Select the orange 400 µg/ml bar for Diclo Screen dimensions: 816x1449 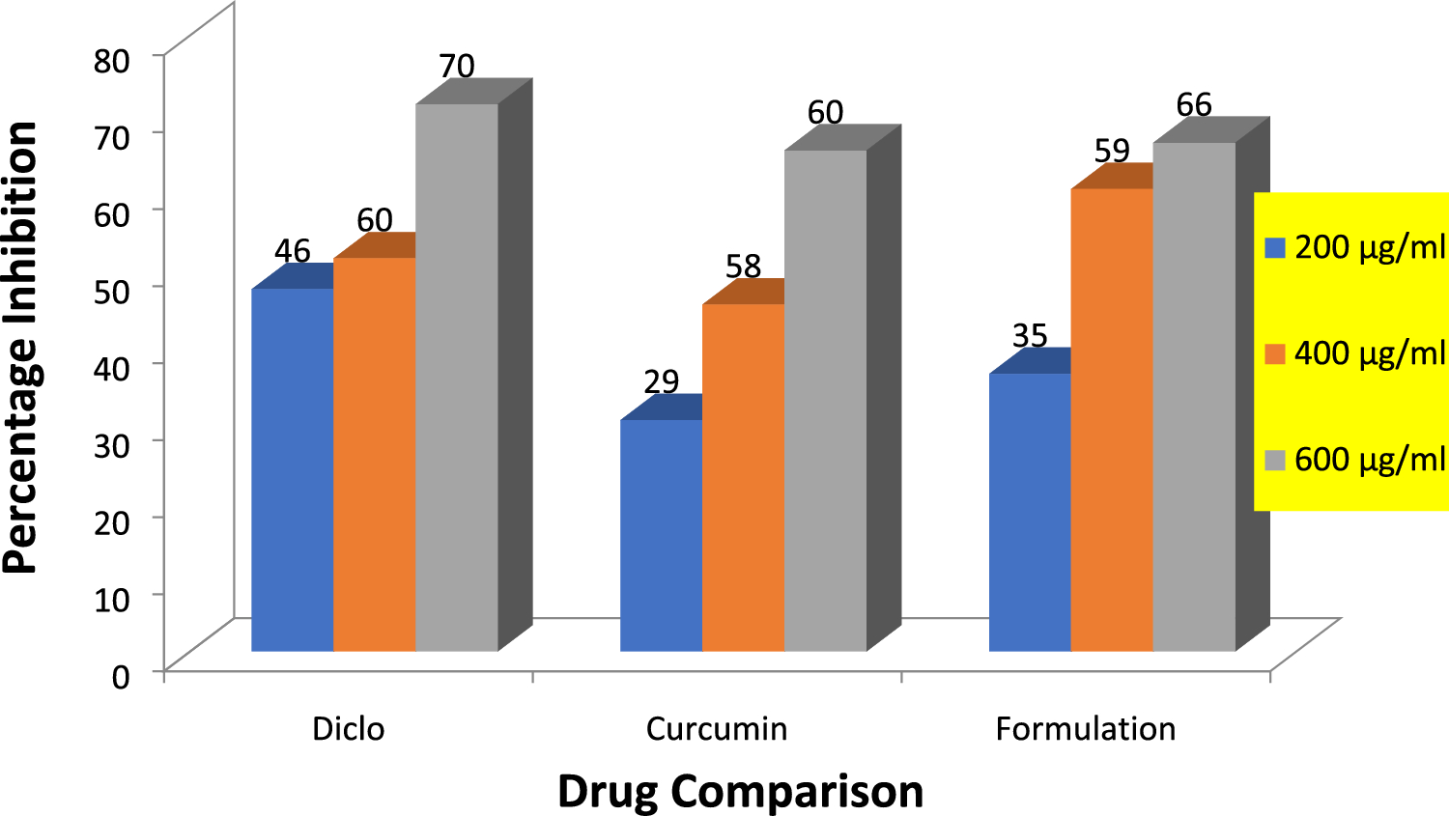(x=374, y=454)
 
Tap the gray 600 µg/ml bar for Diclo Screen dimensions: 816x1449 (x=456, y=377)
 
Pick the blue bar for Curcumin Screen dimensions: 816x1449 (x=661, y=535)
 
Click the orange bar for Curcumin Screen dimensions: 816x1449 (x=743, y=477)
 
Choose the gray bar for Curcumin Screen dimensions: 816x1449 (x=825, y=401)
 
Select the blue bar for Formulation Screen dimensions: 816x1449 (x=1030, y=512)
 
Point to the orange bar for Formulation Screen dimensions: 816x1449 (x=1112, y=419)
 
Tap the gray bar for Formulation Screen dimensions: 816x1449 (x=1194, y=396)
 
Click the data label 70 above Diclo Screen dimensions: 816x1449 (x=457, y=66)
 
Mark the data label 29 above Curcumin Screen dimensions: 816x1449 (x=662, y=382)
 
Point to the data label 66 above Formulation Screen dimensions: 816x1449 (x=1194, y=104)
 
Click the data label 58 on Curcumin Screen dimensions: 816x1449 (x=744, y=266)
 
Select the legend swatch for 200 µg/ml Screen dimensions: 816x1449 (x=1275, y=248)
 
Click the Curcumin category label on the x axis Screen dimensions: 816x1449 (x=717, y=728)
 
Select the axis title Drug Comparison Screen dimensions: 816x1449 (x=740, y=791)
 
